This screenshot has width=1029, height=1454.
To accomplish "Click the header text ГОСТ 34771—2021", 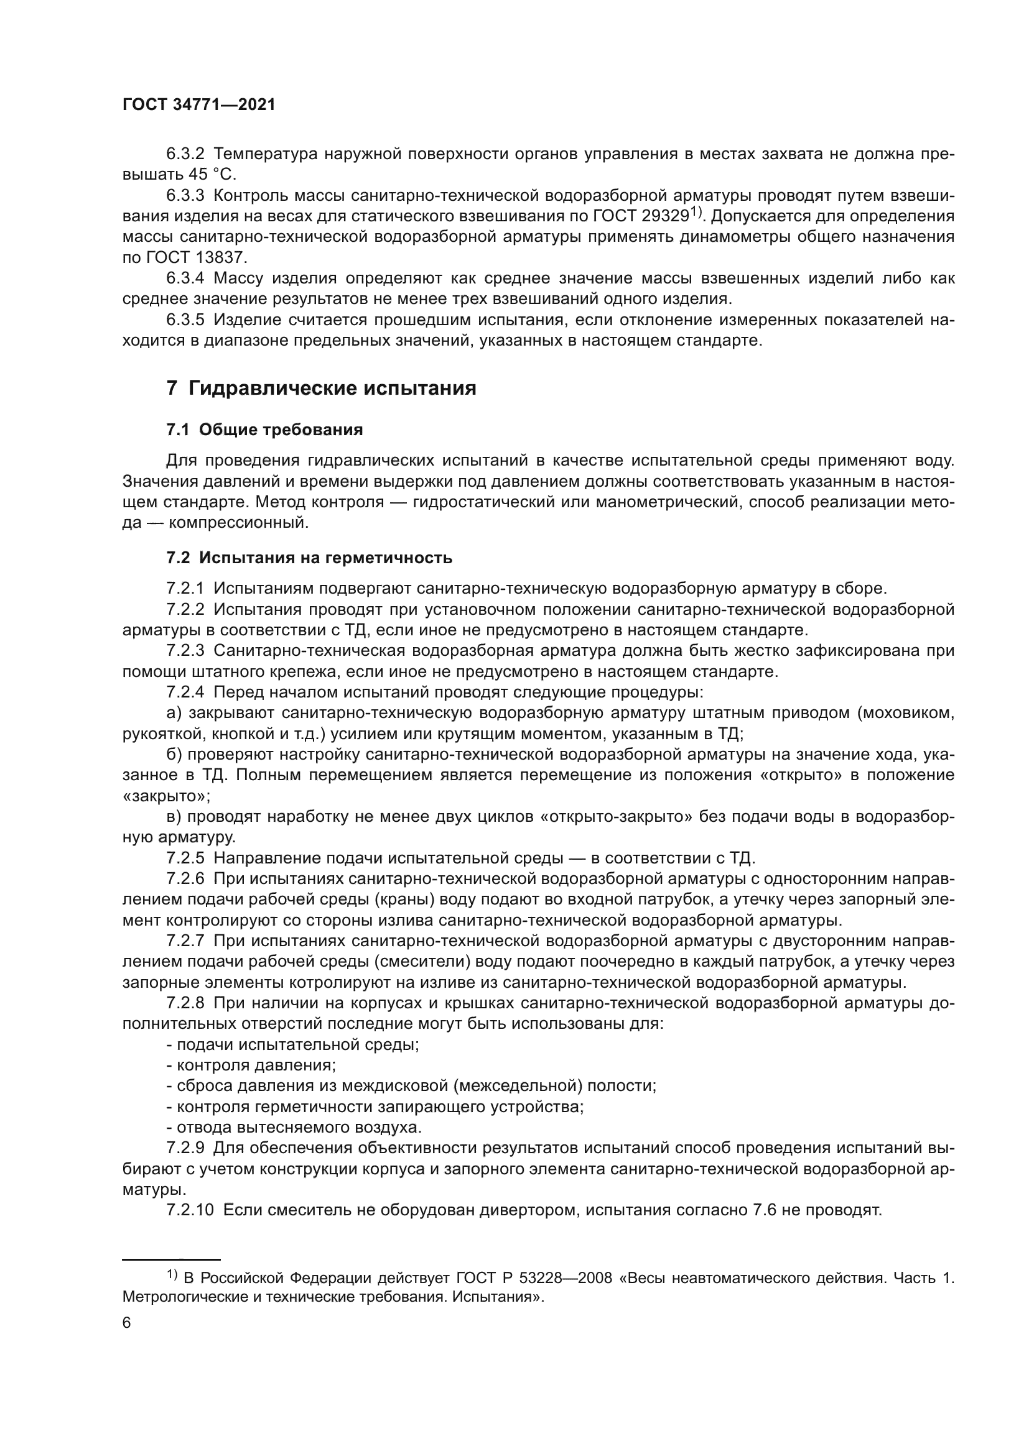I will click(199, 105).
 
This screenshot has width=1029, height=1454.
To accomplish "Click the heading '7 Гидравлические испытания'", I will click(321, 387).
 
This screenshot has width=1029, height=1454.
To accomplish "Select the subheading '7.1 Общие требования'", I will click(264, 430).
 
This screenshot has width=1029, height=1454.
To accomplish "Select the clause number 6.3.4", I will click(185, 278).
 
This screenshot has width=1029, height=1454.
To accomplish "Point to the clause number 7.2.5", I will click(185, 858).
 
